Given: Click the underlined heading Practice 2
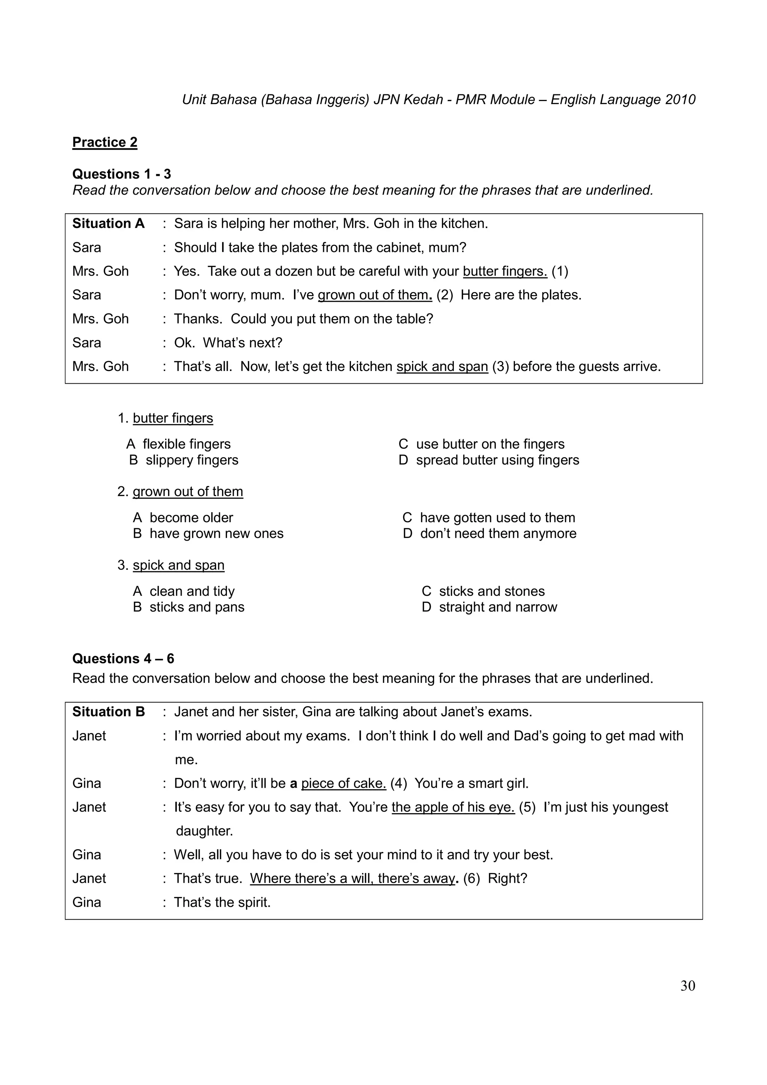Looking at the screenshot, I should click(104, 142).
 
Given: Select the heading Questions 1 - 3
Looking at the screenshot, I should click(121, 174).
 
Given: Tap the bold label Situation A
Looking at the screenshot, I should click(108, 224).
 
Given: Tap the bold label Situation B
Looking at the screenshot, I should click(108, 712).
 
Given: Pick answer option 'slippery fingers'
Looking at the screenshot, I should click(191, 460).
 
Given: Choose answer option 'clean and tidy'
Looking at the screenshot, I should click(191, 591).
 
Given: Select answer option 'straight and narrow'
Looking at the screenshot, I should click(498, 607).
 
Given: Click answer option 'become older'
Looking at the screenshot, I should click(191, 517).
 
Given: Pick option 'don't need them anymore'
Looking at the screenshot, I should click(498, 533).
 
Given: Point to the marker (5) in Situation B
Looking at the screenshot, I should click(527, 807).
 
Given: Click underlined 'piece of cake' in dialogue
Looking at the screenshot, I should click(343, 783).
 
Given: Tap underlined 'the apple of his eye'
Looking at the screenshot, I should click(453, 807).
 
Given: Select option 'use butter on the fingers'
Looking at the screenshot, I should click(490, 444).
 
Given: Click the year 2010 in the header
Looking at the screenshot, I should click(680, 100).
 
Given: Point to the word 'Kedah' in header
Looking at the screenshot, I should click(424, 100).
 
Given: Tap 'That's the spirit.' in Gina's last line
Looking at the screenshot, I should click(222, 902).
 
